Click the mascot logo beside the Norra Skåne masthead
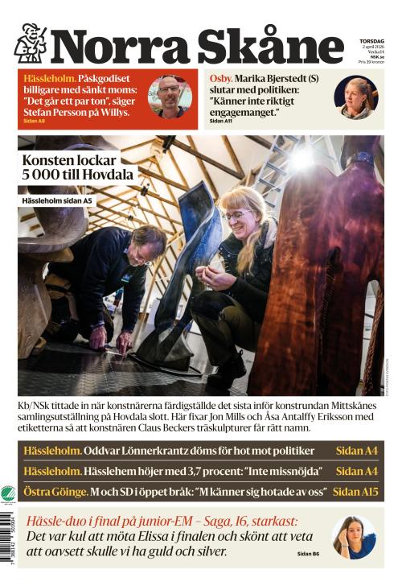click(31, 43)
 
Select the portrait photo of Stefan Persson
click(170, 97)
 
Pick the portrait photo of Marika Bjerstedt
click(355, 97)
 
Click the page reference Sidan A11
click(221, 121)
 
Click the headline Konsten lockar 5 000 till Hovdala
click(79, 167)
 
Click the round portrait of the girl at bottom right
click(354, 537)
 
